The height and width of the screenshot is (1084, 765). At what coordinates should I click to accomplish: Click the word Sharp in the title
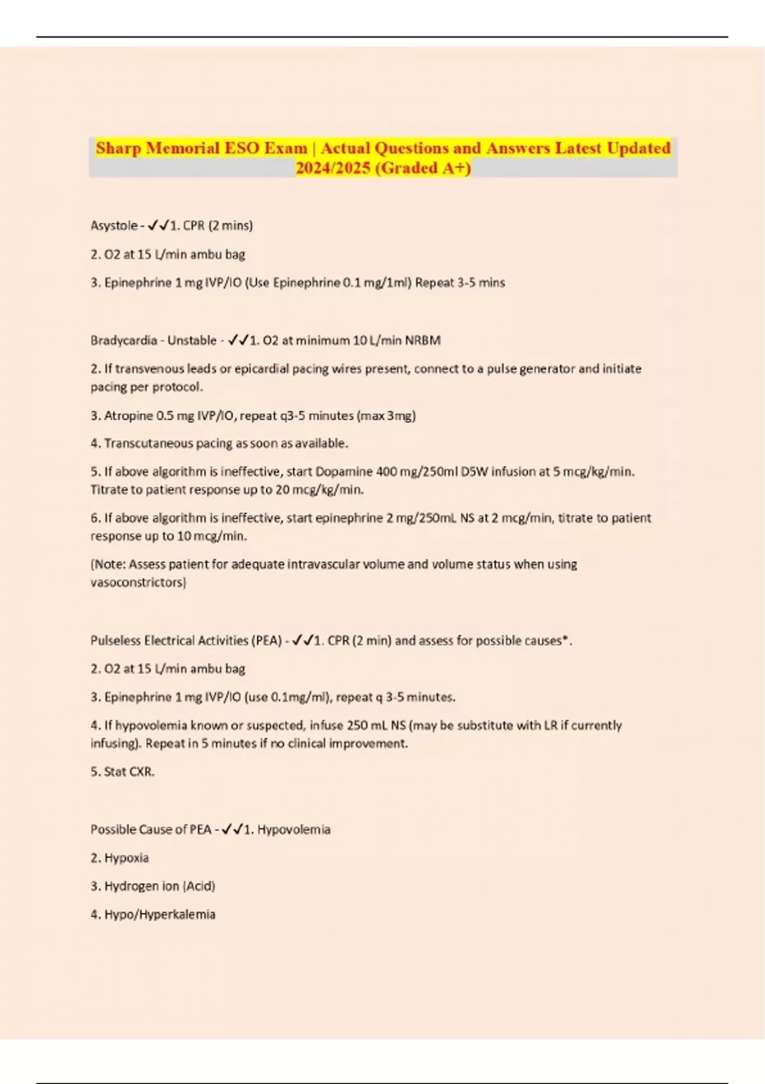tap(119, 149)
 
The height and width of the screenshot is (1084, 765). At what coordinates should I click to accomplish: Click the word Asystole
tap(113, 226)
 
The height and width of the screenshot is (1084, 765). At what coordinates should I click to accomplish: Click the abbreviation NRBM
tap(423, 341)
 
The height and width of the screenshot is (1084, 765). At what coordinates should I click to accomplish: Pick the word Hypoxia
tap(126, 858)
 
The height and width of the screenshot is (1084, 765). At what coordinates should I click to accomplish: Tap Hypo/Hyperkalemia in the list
tap(159, 914)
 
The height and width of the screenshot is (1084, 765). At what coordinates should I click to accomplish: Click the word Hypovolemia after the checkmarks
tap(293, 830)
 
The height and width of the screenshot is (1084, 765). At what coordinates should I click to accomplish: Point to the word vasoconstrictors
tap(137, 583)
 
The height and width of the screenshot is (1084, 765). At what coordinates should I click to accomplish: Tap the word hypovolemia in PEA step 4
tap(147, 726)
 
